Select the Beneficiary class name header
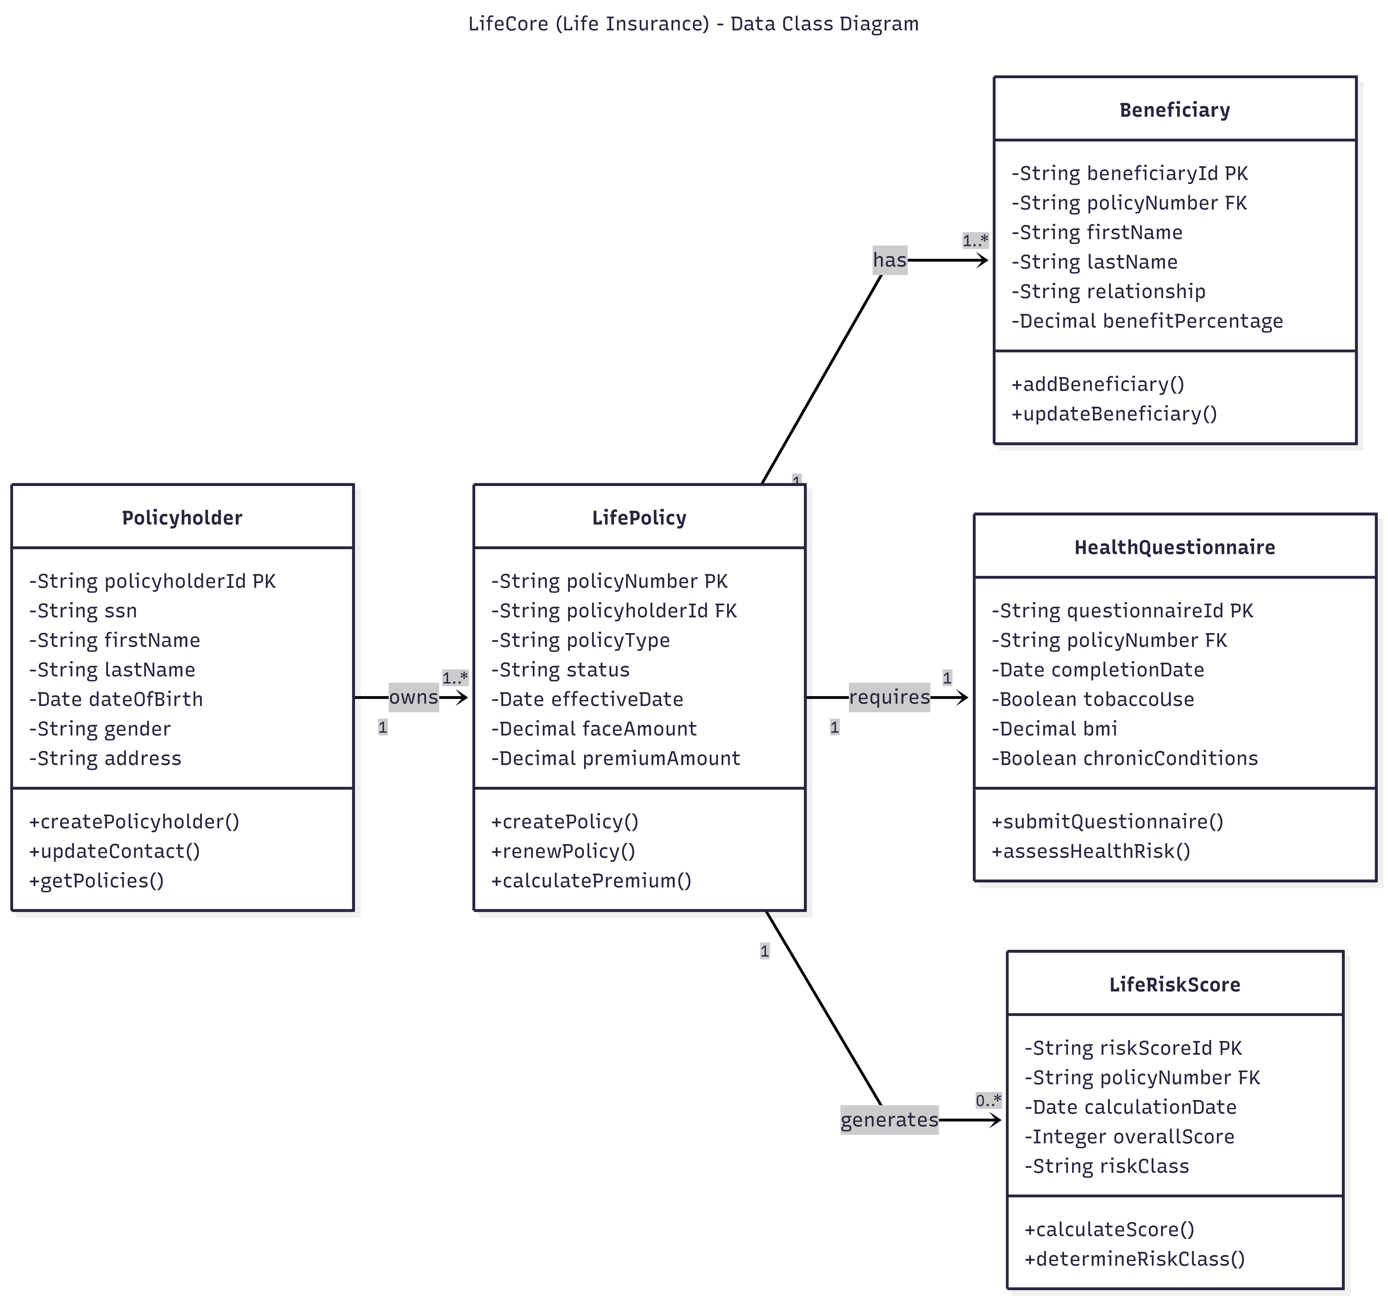click(x=1174, y=110)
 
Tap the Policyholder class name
click(x=182, y=518)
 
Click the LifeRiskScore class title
click(x=1174, y=985)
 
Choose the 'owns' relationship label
click(x=413, y=697)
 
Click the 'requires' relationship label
click(x=889, y=697)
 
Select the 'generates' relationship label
click(x=889, y=1120)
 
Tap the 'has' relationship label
click(x=889, y=260)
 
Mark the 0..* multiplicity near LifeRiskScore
click(x=988, y=1100)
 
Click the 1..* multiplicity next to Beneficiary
click(x=975, y=241)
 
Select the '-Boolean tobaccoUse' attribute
click(x=1093, y=699)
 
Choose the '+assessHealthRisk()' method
click(x=1091, y=851)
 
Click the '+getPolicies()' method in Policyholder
click(x=96, y=881)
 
